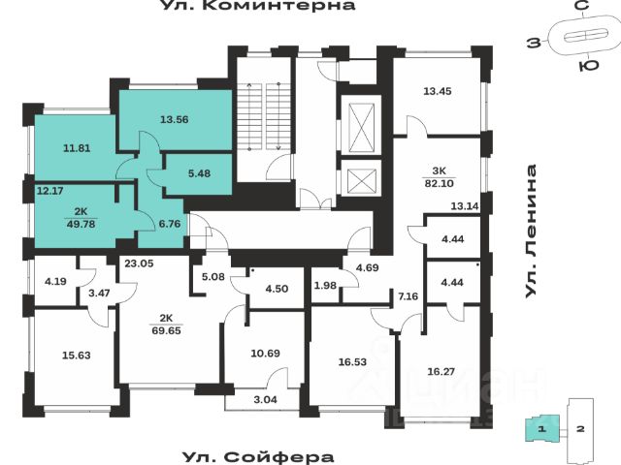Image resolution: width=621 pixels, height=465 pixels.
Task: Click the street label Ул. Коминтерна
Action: [257, 7]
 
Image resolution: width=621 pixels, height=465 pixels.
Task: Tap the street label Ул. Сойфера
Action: [257, 456]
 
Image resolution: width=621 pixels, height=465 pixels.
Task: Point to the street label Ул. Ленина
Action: [531, 232]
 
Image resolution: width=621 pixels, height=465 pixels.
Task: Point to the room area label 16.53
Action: [353, 361]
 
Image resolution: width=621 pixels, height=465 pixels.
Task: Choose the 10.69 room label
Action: [265, 352]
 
